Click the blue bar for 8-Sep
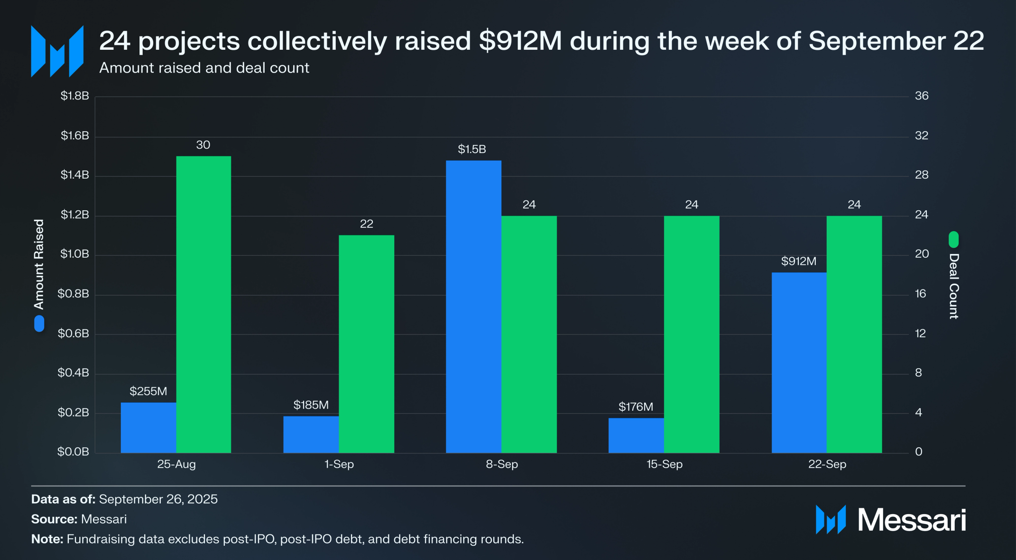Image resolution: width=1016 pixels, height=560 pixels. (473, 307)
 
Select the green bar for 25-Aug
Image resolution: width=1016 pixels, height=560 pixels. (203, 304)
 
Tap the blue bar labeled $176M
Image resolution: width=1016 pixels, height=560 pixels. (636, 435)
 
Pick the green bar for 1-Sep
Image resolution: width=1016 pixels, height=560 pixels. (366, 344)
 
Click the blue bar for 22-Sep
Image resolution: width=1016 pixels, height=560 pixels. (799, 362)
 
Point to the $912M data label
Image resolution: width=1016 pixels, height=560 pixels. (799, 261)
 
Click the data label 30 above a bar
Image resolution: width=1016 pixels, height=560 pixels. (203, 145)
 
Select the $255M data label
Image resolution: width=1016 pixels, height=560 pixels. (148, 391)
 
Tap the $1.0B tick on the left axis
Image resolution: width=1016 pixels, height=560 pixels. (74, 254)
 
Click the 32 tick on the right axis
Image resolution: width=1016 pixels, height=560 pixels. (921, 136)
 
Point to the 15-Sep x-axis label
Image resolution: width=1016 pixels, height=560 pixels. (664, 464)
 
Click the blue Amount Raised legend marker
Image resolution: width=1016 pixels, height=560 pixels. (39, 324)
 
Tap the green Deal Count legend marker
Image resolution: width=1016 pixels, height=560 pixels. (953, 240)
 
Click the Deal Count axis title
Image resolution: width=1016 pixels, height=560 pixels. (953, 286)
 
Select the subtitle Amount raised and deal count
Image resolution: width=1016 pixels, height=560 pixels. (204, 68)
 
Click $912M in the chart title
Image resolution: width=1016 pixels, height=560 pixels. (520, 41)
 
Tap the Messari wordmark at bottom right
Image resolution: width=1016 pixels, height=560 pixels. (911, 520)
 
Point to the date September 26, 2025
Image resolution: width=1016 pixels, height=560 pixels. (158, 499)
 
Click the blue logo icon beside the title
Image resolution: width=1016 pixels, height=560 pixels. (57, 51)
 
